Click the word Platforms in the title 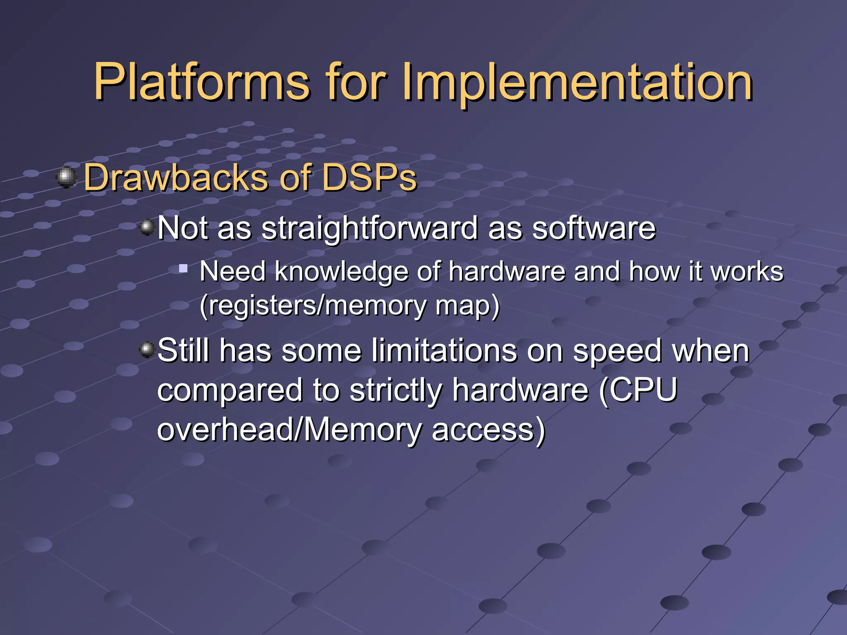coord(201,83)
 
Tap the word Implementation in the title coord(577,83)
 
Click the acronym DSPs coord(369,178)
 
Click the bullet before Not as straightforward coord(147,227)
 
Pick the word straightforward coord(369,228)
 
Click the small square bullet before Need coord(183,269)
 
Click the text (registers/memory coord(312,306)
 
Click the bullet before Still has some coord(147,350)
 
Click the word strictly coord(395,390)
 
